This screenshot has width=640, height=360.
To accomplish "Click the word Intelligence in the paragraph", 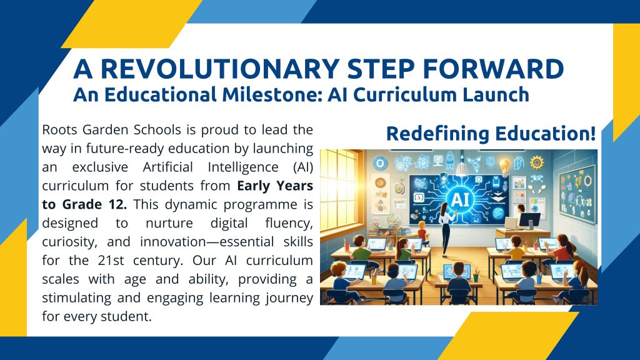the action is click(243, 167).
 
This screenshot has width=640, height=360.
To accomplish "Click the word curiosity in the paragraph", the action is click(69, 242).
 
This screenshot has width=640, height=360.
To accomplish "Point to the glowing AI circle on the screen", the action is click(461, 199).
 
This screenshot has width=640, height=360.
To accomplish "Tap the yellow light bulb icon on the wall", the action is click(505, 166).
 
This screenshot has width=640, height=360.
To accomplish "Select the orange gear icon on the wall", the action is click(537, 163).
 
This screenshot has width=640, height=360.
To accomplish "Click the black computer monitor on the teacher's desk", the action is click(529, 221).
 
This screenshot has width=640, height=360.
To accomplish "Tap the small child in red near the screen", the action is click(422, 231).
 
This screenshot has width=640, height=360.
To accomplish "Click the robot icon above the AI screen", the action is click(450, 161).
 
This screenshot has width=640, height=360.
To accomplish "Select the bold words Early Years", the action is click(275, 186).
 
